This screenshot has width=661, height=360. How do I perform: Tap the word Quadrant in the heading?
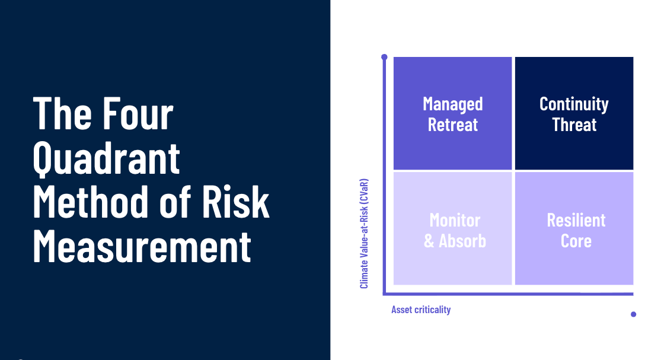[107, 158]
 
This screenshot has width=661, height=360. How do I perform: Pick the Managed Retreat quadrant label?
[453, 114]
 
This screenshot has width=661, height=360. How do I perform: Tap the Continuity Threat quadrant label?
[574, 114]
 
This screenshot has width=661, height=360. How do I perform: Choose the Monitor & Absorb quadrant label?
[455, 230]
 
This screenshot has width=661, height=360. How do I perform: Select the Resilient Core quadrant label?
[576, 230]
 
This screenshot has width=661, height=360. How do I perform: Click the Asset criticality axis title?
[421, 310]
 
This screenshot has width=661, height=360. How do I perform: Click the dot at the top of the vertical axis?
[384, 58]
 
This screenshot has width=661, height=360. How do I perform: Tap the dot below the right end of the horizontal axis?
[633, 314]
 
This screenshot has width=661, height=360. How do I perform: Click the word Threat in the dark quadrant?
[574, 125]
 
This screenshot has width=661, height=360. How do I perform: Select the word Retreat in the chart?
[453, 125]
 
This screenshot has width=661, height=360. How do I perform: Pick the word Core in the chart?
[576, 241]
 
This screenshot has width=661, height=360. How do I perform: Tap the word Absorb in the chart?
[462, 241]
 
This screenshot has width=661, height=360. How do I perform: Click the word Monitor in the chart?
[455, 220]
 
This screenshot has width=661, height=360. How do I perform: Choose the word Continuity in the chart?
[574, 104]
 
